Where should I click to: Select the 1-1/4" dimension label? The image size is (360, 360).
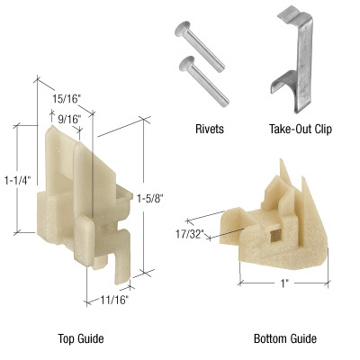(16, 179)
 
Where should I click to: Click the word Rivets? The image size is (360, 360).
(207, 129)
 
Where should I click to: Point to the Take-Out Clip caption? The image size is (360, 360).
(299, 129)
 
